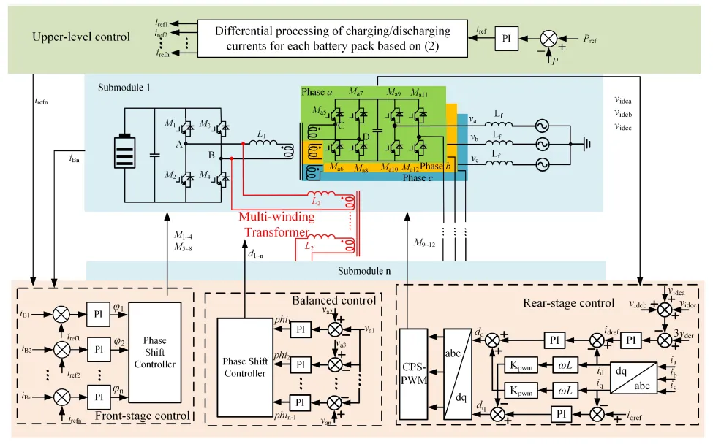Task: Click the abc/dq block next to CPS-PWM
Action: coord(459,372)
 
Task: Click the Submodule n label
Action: coord(364,272)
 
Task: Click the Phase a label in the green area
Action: coord(319,91)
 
